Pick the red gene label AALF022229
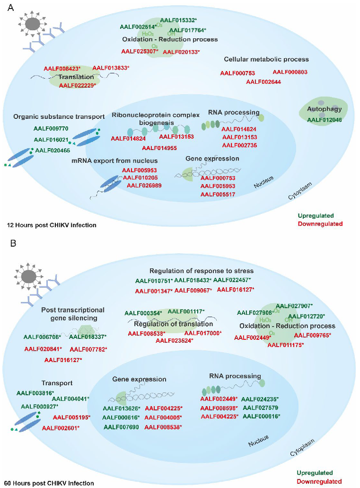pyautogui.click(x=77, y=85)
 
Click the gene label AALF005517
pyautogui.click(x=218, y=195)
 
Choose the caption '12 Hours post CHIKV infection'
pyautogui.click(x=52, y=225)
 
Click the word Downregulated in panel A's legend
pyautogui.click(x=324, y=223)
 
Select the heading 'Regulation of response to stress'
pyautogui.click(x=202, y=271)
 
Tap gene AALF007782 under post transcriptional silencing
pyautogui.click(x=88, y=349)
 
